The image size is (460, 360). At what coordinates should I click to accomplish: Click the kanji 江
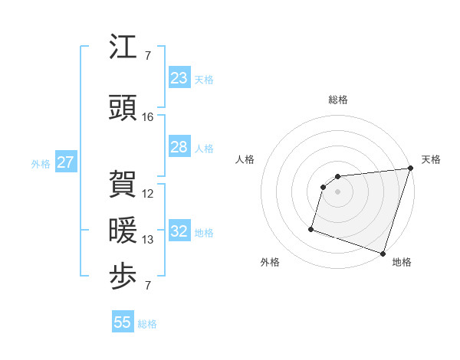[123, 47]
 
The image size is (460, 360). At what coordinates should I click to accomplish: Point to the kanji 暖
[123, 231]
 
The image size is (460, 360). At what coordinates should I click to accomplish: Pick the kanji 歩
[123, 277]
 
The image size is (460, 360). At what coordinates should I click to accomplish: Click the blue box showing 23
[179, 78]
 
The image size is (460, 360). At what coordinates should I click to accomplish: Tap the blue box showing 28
[179, 147]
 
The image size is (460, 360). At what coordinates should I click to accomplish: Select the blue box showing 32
[179, 231]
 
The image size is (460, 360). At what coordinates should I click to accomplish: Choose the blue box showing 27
[65, 162]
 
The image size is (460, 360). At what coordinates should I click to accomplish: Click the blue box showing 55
[123, 322]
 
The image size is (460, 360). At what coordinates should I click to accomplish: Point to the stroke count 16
[148, 117]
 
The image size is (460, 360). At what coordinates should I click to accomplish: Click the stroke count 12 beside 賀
[148, 194]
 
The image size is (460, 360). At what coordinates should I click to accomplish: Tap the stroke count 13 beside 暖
[148, 240]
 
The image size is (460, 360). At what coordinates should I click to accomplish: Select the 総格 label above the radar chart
[338, 100]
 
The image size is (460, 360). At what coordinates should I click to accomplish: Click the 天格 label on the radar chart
[431, 159]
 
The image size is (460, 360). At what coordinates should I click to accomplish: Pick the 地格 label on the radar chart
[402, 262]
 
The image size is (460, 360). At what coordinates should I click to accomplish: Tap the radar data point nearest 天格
[410, 169]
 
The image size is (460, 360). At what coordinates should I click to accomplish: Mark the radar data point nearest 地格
[383, 253]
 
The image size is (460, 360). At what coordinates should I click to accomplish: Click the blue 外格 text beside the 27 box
[40, 163]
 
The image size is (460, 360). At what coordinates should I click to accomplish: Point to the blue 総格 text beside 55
[147, 324]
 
